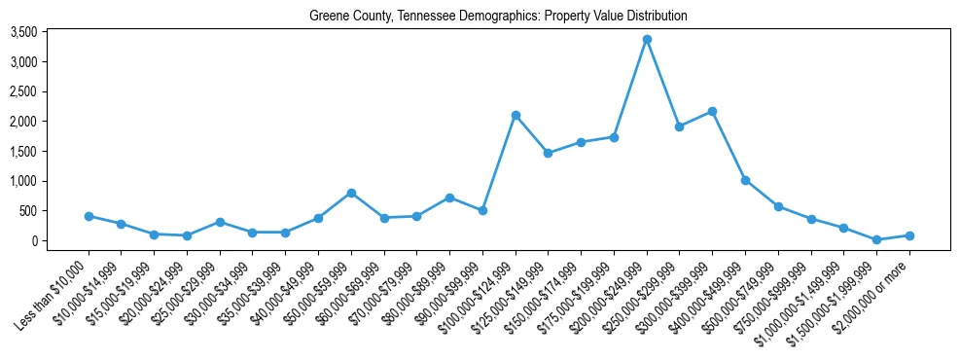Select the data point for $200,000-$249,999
coord(647,40)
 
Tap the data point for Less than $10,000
coord(89,216)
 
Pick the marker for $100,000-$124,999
coord(516,115)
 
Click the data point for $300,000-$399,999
coord(712,111)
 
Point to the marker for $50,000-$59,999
coord(351,193)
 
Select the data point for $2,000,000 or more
coord(909,235)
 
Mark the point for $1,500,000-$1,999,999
coord(876,239)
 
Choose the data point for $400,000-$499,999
coord(745,180)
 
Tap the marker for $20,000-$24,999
coord(187,235)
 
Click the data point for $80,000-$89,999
coord(449,198)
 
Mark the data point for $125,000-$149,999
coord(548,153)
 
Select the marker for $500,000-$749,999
coord(778,206)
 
